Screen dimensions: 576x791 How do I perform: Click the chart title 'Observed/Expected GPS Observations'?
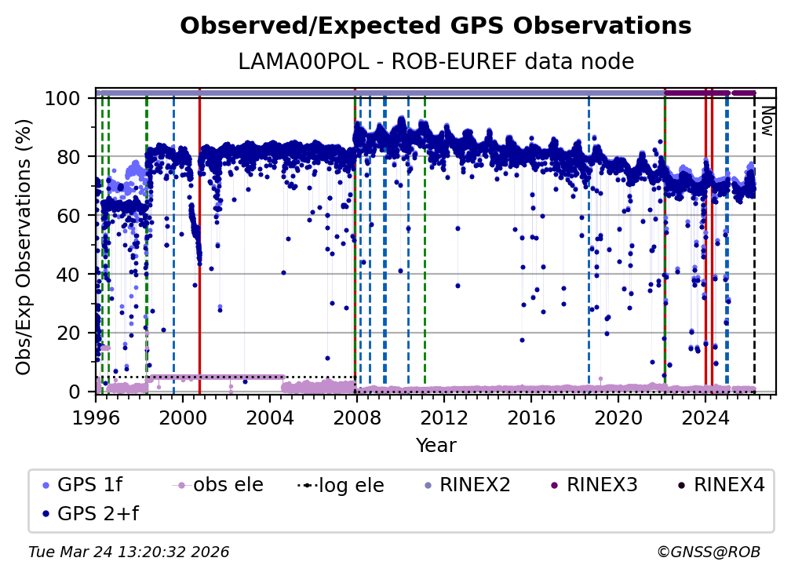tap(436, 27)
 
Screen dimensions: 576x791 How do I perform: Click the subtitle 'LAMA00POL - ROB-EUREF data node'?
tap(436, 61)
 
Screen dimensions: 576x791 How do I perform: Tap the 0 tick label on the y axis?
tap(77, 392)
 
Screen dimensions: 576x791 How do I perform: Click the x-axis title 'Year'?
tap(436, 446)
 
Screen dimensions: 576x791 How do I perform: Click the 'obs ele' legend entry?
tap(228, 485)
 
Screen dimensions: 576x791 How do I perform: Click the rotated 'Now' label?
tap(767, 122)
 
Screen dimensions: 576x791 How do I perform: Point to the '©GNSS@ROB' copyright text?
tap(709, 552)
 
